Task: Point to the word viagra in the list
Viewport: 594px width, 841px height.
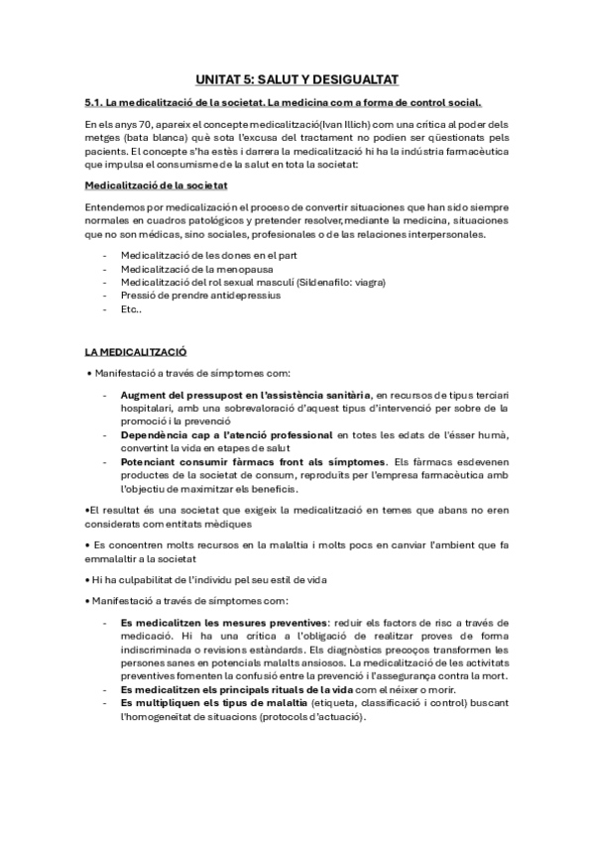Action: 369,282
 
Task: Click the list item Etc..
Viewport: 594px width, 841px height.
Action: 131,307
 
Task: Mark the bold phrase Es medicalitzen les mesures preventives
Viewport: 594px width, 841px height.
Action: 224,622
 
